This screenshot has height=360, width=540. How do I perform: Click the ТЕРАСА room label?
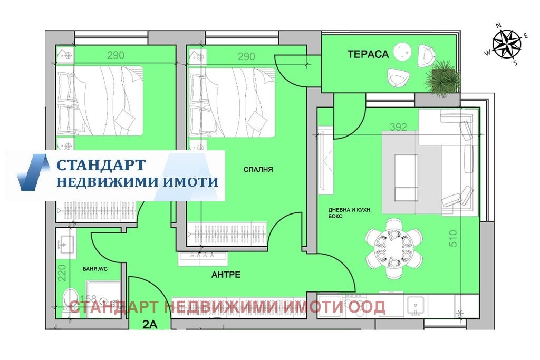pyautogui.click(x=368, y=54)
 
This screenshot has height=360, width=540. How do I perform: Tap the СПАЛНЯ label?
pyautogui.click(x=258, y=170)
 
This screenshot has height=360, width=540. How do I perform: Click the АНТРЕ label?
pyautogui.click(x=226, y=274)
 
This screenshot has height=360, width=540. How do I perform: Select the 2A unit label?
pyautogui.click(x=150, y=325)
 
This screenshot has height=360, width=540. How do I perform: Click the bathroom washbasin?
pyautogui.click(x=66, y=243)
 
